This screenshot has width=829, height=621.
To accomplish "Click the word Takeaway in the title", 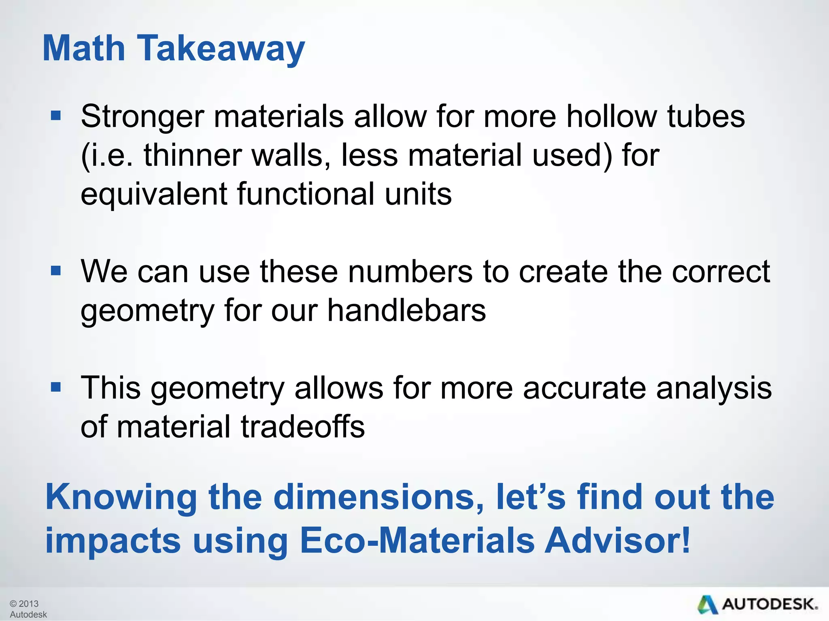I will coord(221,49).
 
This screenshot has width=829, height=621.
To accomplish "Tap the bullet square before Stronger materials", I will coord(56,116).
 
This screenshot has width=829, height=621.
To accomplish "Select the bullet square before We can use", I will coord(56,270).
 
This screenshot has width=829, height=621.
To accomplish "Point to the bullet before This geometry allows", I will coord(56,387).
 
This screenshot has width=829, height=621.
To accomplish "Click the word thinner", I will coord(192,156).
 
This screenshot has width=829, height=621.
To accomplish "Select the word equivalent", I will coord(153,195).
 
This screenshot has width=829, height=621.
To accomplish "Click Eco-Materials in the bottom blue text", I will coord(417,541).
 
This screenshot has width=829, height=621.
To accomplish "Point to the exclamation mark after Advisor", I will coord(685,540).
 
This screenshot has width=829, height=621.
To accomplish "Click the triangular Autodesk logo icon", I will coord(708,604).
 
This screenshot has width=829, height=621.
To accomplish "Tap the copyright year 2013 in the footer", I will coord(28,604).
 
